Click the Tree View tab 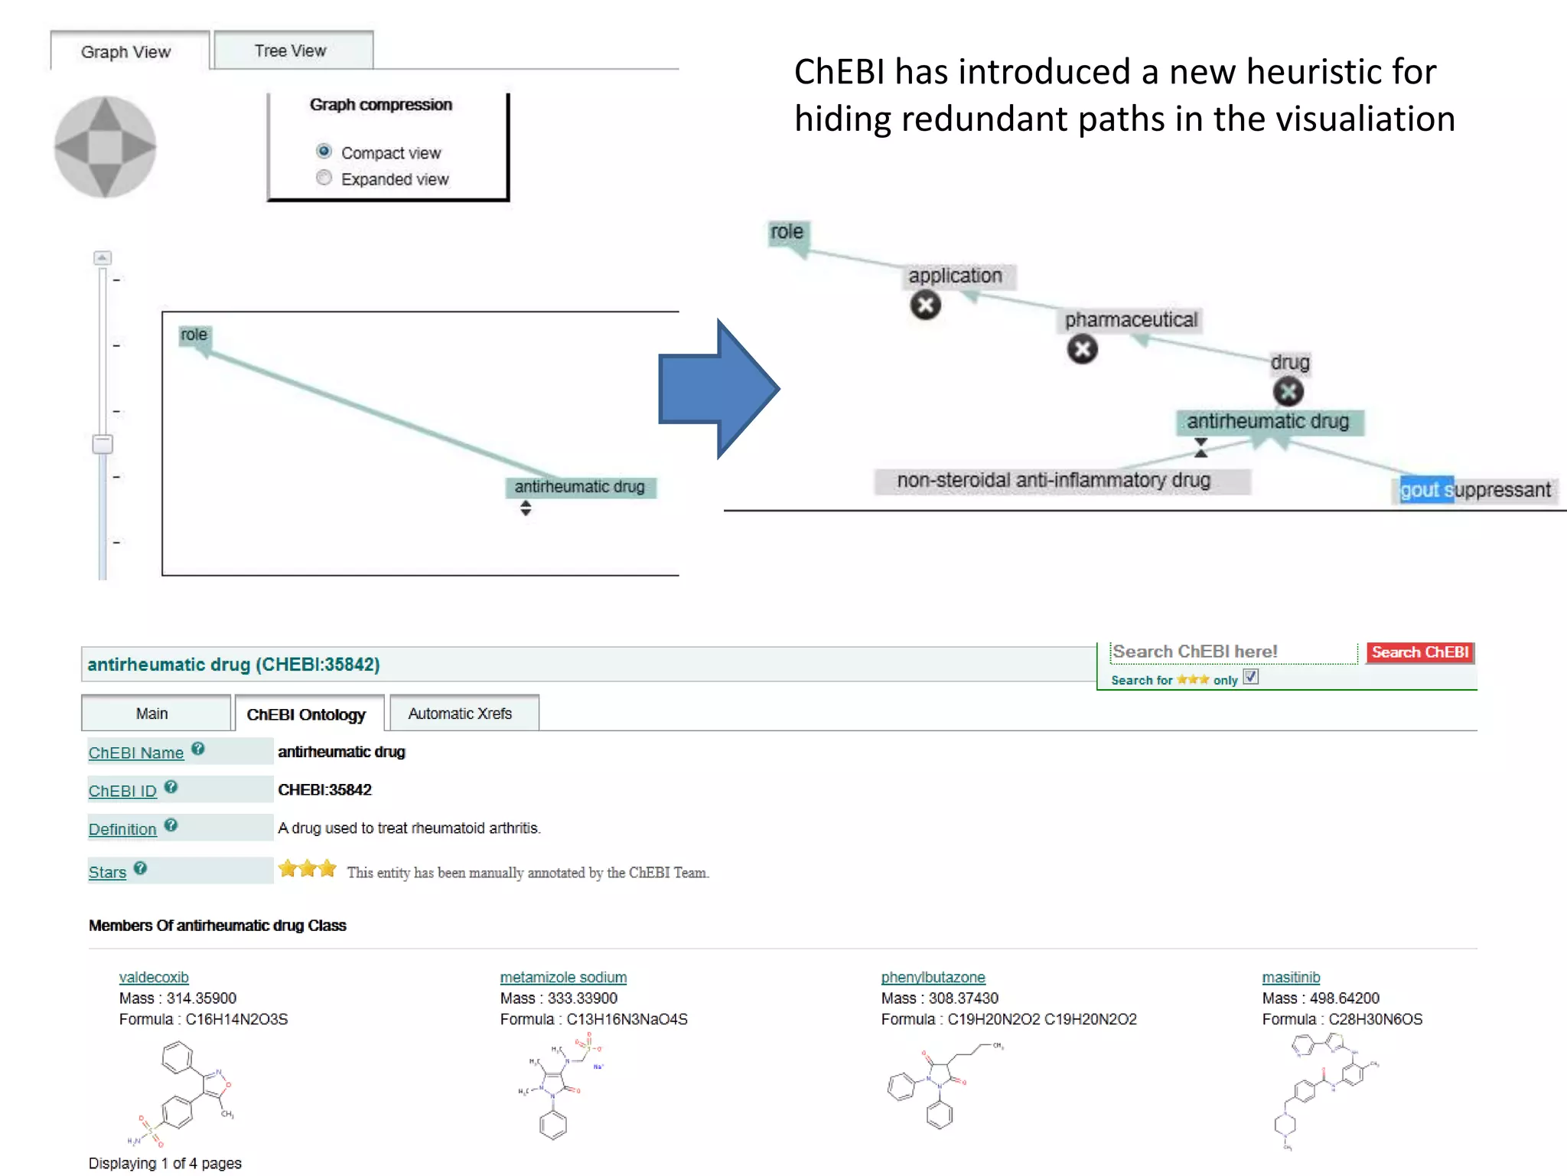pyautogui.click(x=291, y=51)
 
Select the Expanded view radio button pyautogui.click(x=324, y=178)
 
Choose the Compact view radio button pyautogui.click(x=324, y=152)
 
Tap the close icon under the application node pyautogui.click(x=925, y=305)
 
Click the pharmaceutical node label pyautogui.click(x=1131, y=320)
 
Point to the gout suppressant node pyautogui.click(x=1474, y=490)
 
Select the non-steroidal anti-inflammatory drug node pyautogui.click(x=1054, y=481)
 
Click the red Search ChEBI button pyautogui.click(x=1419, y=652)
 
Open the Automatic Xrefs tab pyautogui.click(x=460, y=714)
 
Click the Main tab pyautogui.click(x=152, y=714)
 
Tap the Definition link pyautogui.click(x=122, y=829)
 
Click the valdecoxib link pyautogui.click(x=154, y=978)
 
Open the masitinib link pyautogui.click(x=1291, y=978)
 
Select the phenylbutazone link pyautogui.click(x=933, y=978)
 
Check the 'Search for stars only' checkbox pyautogui.click(x=1250, y=678)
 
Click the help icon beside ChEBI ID pyautogui.click(x=171, y=787)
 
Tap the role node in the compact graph pyautogui.click(x=194, y=335)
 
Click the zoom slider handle pyautogui.click(x=103, y=444)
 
